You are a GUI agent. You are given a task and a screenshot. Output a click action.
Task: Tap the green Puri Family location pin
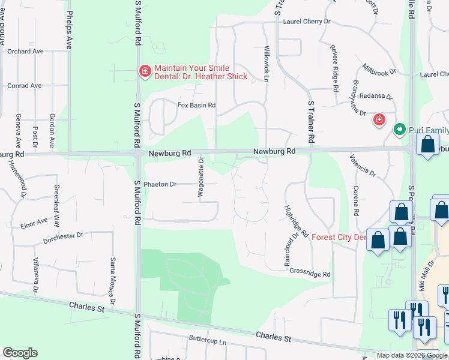point(399,129)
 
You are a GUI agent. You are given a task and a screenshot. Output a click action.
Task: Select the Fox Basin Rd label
point(196,105)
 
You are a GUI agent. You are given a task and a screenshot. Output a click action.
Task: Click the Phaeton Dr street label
point(160,184)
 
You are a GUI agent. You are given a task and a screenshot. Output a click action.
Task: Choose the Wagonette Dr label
point(202,178)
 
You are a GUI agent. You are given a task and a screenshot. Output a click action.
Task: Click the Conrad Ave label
point(24,86)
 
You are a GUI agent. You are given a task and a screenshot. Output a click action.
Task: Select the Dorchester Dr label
point(62,239)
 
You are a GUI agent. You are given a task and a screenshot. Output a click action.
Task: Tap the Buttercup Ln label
point(207,340)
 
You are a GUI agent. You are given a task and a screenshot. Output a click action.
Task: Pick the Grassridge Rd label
point(310,274)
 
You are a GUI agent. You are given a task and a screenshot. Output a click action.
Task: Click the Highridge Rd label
point(295,220)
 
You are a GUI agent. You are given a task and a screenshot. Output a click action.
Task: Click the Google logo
point(20,353)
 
